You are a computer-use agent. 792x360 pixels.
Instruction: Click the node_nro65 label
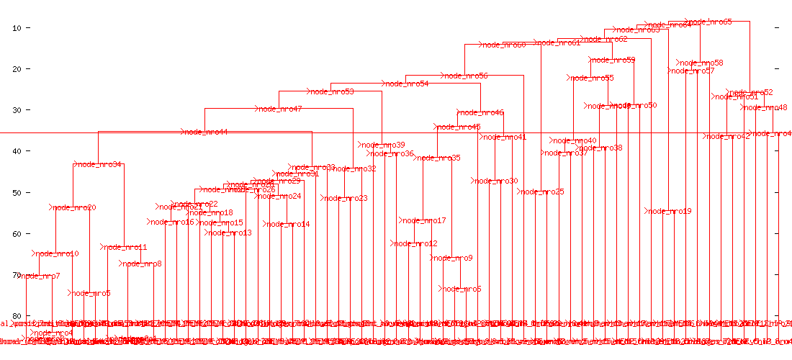710,22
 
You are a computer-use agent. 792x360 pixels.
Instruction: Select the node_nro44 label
206,132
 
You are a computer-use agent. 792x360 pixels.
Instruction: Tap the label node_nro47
280,109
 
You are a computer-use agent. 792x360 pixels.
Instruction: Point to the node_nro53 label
332,92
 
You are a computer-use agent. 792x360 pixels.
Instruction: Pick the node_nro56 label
466,76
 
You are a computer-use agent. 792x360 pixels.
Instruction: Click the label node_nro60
504,45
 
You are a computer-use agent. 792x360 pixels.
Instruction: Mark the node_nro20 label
74,208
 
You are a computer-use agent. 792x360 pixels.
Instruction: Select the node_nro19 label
669,212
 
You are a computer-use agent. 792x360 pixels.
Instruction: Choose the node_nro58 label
702,63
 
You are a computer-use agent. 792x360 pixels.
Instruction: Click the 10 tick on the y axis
17,27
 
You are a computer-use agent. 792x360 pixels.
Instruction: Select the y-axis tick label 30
17,110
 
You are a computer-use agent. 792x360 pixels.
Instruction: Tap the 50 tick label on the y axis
17,192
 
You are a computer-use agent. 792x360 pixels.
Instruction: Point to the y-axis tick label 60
17,233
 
